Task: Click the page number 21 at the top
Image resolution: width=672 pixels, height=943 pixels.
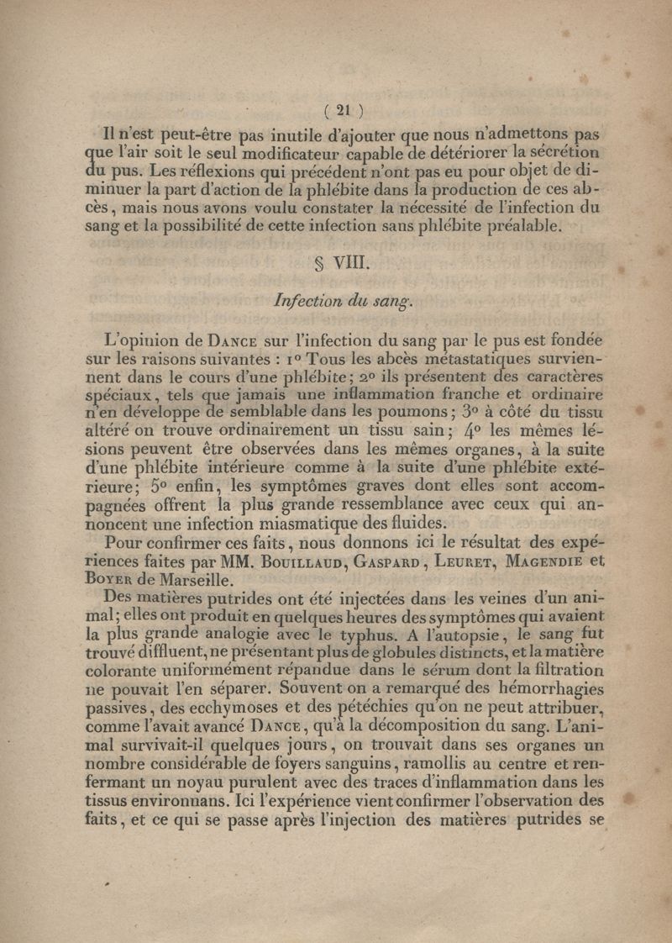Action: click(x=341, y=108)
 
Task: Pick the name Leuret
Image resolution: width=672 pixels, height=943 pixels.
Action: click(x=468, y=561)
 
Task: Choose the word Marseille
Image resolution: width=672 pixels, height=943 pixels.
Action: click(x=218, y=580)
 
